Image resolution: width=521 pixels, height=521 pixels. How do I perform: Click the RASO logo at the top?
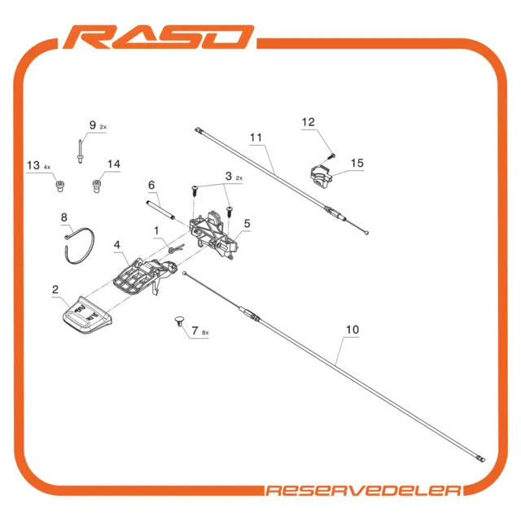point(159,37)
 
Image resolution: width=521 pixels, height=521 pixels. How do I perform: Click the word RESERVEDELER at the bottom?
point(364,490)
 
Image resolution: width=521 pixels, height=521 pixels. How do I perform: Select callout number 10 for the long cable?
point(352,330)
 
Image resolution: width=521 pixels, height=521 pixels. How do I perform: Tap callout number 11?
point(256,138)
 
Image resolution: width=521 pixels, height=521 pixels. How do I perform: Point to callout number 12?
point(308,122)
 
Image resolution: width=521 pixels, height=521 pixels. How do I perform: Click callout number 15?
point(357,163)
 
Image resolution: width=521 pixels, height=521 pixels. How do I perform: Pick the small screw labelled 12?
point(331,155)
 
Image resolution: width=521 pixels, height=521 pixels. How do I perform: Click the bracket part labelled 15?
point(321,176)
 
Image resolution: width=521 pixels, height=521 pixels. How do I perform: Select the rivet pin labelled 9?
point(80,151)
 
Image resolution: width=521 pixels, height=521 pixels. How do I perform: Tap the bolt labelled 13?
point(59,186)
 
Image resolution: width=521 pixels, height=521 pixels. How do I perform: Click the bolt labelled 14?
point(96,186)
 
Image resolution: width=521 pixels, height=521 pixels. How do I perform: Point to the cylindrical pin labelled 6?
point(160,210)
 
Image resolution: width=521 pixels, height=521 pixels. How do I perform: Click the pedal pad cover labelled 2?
point(87,315)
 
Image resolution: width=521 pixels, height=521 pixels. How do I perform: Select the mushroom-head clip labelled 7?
point(179,321)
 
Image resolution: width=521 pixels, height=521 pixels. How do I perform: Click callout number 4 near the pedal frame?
point(116,245)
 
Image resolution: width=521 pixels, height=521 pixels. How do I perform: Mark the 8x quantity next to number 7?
point(205,333)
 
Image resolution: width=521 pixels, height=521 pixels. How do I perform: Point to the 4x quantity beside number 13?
point(47,167)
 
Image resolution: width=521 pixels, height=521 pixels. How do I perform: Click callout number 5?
point(247,224)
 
